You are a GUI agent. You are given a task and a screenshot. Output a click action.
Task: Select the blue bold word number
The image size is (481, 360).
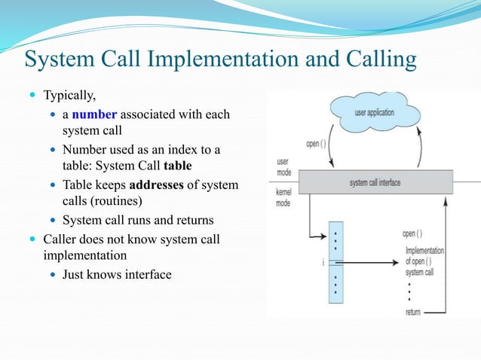[x=95, y=114]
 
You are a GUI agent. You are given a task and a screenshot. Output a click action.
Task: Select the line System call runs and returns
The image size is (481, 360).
[x=138, y=221]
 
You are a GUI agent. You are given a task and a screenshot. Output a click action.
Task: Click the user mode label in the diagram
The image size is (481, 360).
[x=283, y=166]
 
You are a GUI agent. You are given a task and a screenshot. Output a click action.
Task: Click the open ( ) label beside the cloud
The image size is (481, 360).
[x=317, y=143]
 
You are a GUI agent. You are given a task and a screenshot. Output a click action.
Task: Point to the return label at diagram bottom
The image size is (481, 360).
[x=413, y=312]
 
